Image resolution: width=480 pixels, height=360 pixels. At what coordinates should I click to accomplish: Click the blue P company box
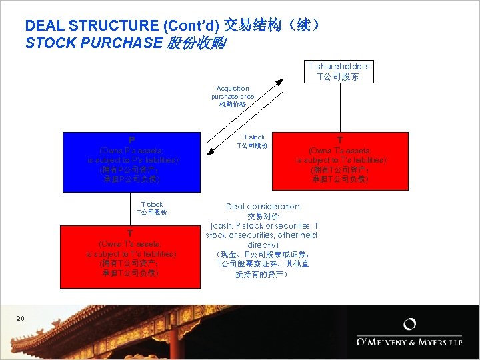pos(131,162)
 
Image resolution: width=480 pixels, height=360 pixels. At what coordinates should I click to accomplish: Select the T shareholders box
pos(339,71)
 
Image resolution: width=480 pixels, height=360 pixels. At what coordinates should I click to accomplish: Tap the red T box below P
pos(130,257)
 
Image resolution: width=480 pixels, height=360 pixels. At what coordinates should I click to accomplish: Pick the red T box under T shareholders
pos(340,162)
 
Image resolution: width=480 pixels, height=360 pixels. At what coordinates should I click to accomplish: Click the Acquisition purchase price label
pos(233,96)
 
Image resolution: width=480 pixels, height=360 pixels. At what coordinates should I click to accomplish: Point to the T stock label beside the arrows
pos(253,141)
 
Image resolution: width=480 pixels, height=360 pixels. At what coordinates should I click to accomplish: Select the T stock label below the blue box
pos(151,209)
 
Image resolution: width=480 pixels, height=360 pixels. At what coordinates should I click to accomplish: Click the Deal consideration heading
pos(263,207)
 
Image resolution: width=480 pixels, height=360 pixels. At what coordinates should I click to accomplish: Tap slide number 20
pos(20,319)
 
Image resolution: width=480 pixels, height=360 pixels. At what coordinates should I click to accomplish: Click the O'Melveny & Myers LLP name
pos(410,343)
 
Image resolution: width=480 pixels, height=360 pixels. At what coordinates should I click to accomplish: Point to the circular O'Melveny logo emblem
pos(410,325)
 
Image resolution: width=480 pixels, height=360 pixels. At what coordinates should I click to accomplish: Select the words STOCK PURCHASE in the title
pos(93,44)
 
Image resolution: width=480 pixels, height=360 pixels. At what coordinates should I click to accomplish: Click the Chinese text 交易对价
pos(263,217)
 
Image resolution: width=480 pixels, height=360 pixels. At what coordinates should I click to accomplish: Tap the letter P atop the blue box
pos(132,141)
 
